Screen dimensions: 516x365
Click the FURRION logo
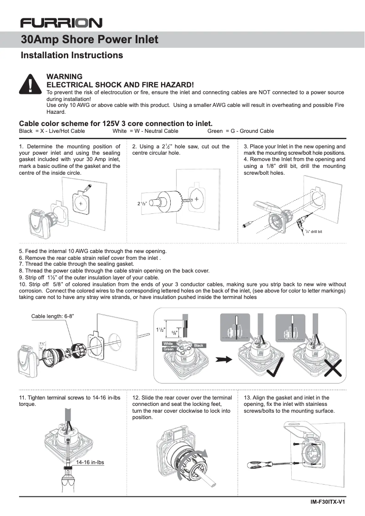coord(61,22)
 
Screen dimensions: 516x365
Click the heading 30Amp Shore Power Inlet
coord(90,40)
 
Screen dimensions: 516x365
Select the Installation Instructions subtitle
coord(72,56)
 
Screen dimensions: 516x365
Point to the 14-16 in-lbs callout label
coord(90,462)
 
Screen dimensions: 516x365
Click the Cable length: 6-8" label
coord(52,316)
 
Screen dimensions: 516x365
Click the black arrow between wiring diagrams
coord(223,359)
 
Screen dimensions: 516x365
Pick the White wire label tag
coord(168,344)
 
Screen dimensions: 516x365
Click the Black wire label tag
coord(199,346)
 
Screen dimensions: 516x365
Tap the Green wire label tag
coord(169,349)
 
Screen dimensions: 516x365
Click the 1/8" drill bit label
coord(313,232)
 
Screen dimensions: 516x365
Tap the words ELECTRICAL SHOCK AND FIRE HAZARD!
coord(121,85)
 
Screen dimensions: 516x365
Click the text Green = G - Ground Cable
coord(240,131)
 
